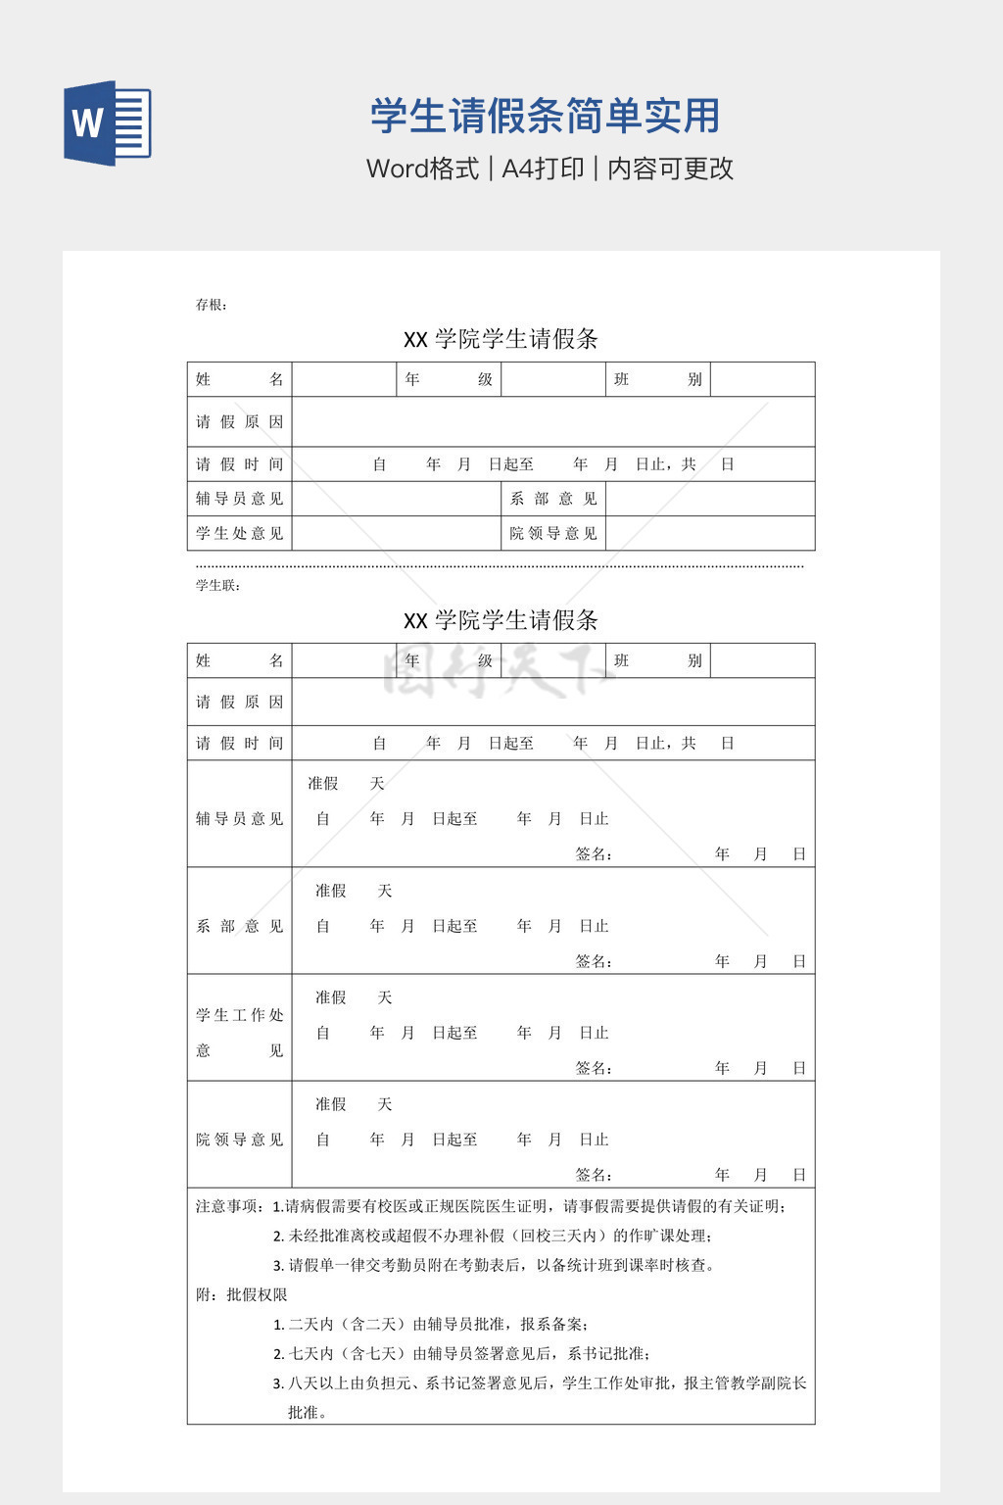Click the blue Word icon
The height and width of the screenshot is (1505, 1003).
tap(108, 123)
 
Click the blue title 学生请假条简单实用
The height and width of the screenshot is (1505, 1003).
tap(545, 116)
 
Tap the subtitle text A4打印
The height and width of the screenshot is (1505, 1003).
tap(543, 169)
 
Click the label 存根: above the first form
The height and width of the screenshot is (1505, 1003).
tap(211, 305)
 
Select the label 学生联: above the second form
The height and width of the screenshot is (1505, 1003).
tap(217, 586)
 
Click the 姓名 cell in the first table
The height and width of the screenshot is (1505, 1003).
tap(239, 379)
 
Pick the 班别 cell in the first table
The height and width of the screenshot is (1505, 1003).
tap(657, 379)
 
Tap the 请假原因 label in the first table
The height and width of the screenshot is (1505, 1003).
tap(239, 421)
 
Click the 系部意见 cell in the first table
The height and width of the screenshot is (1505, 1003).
tap(553, 499)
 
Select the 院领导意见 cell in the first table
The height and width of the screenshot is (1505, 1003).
tap(553, 533)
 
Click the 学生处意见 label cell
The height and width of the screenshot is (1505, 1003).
tap(239, 533)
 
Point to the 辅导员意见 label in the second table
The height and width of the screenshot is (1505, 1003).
tap(239, 818)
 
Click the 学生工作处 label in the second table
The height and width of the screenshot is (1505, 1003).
tap(239, 1015)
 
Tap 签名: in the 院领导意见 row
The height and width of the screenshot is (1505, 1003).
tap(594, 1175)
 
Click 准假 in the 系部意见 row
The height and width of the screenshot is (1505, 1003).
tap(331, 891)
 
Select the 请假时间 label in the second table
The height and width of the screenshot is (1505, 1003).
tap(239, 744)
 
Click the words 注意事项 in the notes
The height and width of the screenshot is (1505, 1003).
tap(228, 1206)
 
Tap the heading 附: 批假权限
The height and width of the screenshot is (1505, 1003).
tap(241, 1294)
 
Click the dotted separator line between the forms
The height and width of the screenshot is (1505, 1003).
tap(500, 566)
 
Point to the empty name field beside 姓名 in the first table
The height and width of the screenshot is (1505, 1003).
tap(344, 379)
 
